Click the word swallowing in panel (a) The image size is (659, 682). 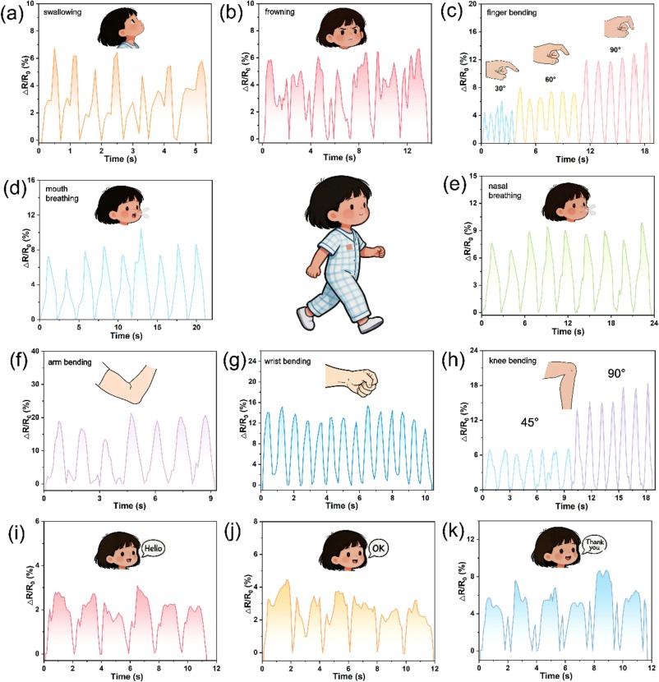click(62, 12)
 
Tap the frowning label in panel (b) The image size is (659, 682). click(279, 12)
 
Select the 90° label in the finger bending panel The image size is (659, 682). click(615, 50)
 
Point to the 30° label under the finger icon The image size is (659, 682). click(500, 89)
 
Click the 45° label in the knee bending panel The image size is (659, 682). click(529, 422)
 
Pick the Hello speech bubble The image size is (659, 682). click(153, 548)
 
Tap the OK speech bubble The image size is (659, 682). click(377, 548)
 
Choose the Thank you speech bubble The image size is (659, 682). click(594, 544)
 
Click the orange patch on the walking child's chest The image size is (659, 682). click(349, 247)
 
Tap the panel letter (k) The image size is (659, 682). click(454, 532)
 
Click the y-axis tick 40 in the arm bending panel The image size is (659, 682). click(35, 351)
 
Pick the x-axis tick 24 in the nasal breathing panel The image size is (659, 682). click(654, 323)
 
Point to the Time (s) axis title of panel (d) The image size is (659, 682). click(127, 336)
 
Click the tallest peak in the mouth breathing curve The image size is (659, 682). click(141, 229)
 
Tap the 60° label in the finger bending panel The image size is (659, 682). click(551, 80)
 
